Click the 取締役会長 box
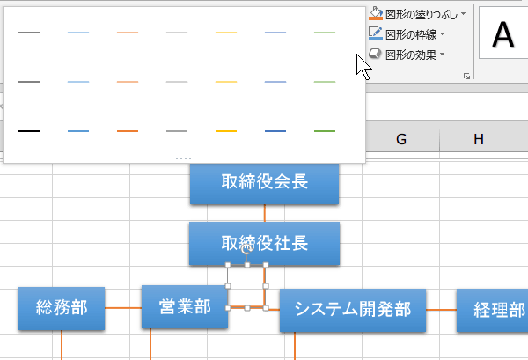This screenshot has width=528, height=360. click(x=264, y=183)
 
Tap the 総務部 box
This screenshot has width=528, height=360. click(x=62, y=307)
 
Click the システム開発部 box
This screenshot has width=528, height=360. click(x=352, y=309)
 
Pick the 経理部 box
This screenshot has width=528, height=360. click(x=493, y=309)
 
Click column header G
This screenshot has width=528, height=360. click(x=401, y=139)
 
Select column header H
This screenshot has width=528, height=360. click(x=478, y=139)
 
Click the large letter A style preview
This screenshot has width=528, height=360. click(x=503, y=35)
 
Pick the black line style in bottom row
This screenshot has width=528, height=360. click(x=29, y=131)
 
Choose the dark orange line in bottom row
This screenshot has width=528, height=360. click(x=128, y=131)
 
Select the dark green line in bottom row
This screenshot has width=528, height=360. click(x=325, y=131)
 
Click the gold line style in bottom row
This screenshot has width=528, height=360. click(x=226, y=131)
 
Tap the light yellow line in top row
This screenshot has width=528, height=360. click(x=226, y=33)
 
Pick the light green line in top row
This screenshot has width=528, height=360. click(x=325, y=33)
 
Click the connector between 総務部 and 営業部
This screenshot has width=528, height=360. click(x=123, y=308)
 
